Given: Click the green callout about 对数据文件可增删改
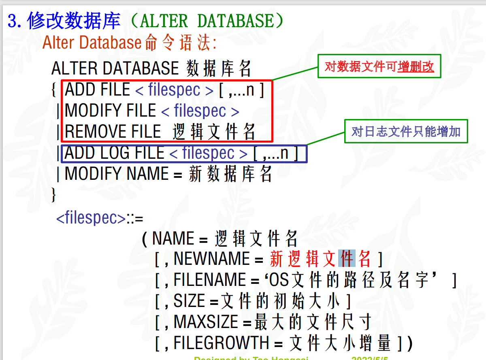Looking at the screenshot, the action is [x=379, y=67].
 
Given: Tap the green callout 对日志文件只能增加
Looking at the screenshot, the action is [x=406, y=131].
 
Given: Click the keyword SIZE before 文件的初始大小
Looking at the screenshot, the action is [x=189, y=301].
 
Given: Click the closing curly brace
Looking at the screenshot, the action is [x=53, y=194].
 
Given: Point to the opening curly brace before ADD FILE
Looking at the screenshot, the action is [x=54, y=90].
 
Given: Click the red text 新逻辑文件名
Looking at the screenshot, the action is [x=320, y=259].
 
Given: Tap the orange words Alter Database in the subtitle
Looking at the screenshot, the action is [x=92, y=43].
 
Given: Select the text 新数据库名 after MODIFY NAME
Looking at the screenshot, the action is [x=230, y=175].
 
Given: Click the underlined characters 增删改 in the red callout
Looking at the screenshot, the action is [x=416, y=67].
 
